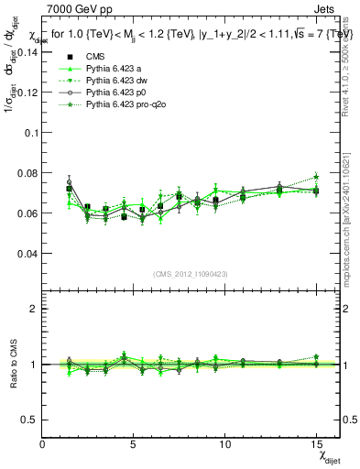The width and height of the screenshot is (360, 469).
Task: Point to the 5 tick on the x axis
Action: coord(134,442)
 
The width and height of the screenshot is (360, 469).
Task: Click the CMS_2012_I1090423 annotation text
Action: coord(191,273)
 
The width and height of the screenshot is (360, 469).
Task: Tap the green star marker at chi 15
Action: coord(316,176)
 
